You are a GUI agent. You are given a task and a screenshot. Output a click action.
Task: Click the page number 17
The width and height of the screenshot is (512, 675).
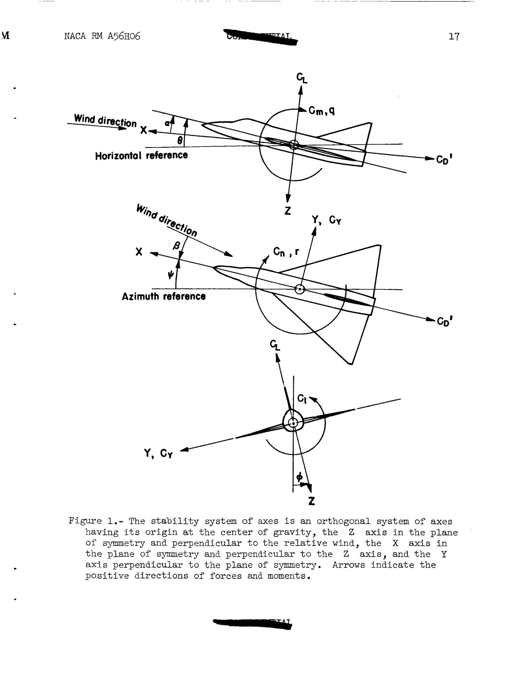point(454,37)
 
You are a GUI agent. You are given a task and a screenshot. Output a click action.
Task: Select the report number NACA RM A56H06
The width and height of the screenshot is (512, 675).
point(102,36)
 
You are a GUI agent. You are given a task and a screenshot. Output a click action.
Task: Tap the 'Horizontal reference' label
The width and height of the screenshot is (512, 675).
point(141,156)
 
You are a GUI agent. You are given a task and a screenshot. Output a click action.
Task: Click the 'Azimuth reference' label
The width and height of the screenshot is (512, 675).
point(163,296)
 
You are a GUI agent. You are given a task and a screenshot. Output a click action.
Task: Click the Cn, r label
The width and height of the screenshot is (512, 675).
point(286,252)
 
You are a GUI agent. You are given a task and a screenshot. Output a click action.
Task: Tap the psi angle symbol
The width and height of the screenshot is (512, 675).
point(171,274)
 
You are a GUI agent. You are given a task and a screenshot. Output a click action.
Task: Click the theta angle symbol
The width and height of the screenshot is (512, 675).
point(180,140)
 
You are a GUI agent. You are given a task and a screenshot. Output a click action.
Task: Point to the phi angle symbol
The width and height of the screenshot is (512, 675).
point(299,476)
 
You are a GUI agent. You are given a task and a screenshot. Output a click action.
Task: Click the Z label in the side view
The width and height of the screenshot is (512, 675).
point(288,211)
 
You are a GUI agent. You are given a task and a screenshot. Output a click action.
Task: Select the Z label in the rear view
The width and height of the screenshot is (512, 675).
point(311,501)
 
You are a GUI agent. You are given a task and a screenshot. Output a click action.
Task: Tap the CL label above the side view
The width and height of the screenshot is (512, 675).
point(302,78)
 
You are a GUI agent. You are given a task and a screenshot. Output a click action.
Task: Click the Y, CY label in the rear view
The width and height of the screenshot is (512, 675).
point(158,454)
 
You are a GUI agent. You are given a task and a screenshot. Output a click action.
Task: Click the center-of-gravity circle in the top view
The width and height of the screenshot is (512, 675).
point(300,289)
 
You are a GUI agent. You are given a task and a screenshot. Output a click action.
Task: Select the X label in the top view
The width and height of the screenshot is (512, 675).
point(139,252)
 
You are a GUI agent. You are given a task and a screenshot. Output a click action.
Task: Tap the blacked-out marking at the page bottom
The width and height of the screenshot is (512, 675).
point(252,623)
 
